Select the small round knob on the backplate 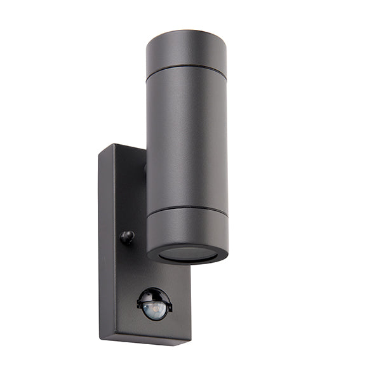(128, 237)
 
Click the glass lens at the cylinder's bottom (187, 254)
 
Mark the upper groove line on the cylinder (186, 71)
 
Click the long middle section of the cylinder (187, 140)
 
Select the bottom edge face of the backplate (146, 340)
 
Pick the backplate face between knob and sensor (137, 267)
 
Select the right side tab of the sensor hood (170, 308)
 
